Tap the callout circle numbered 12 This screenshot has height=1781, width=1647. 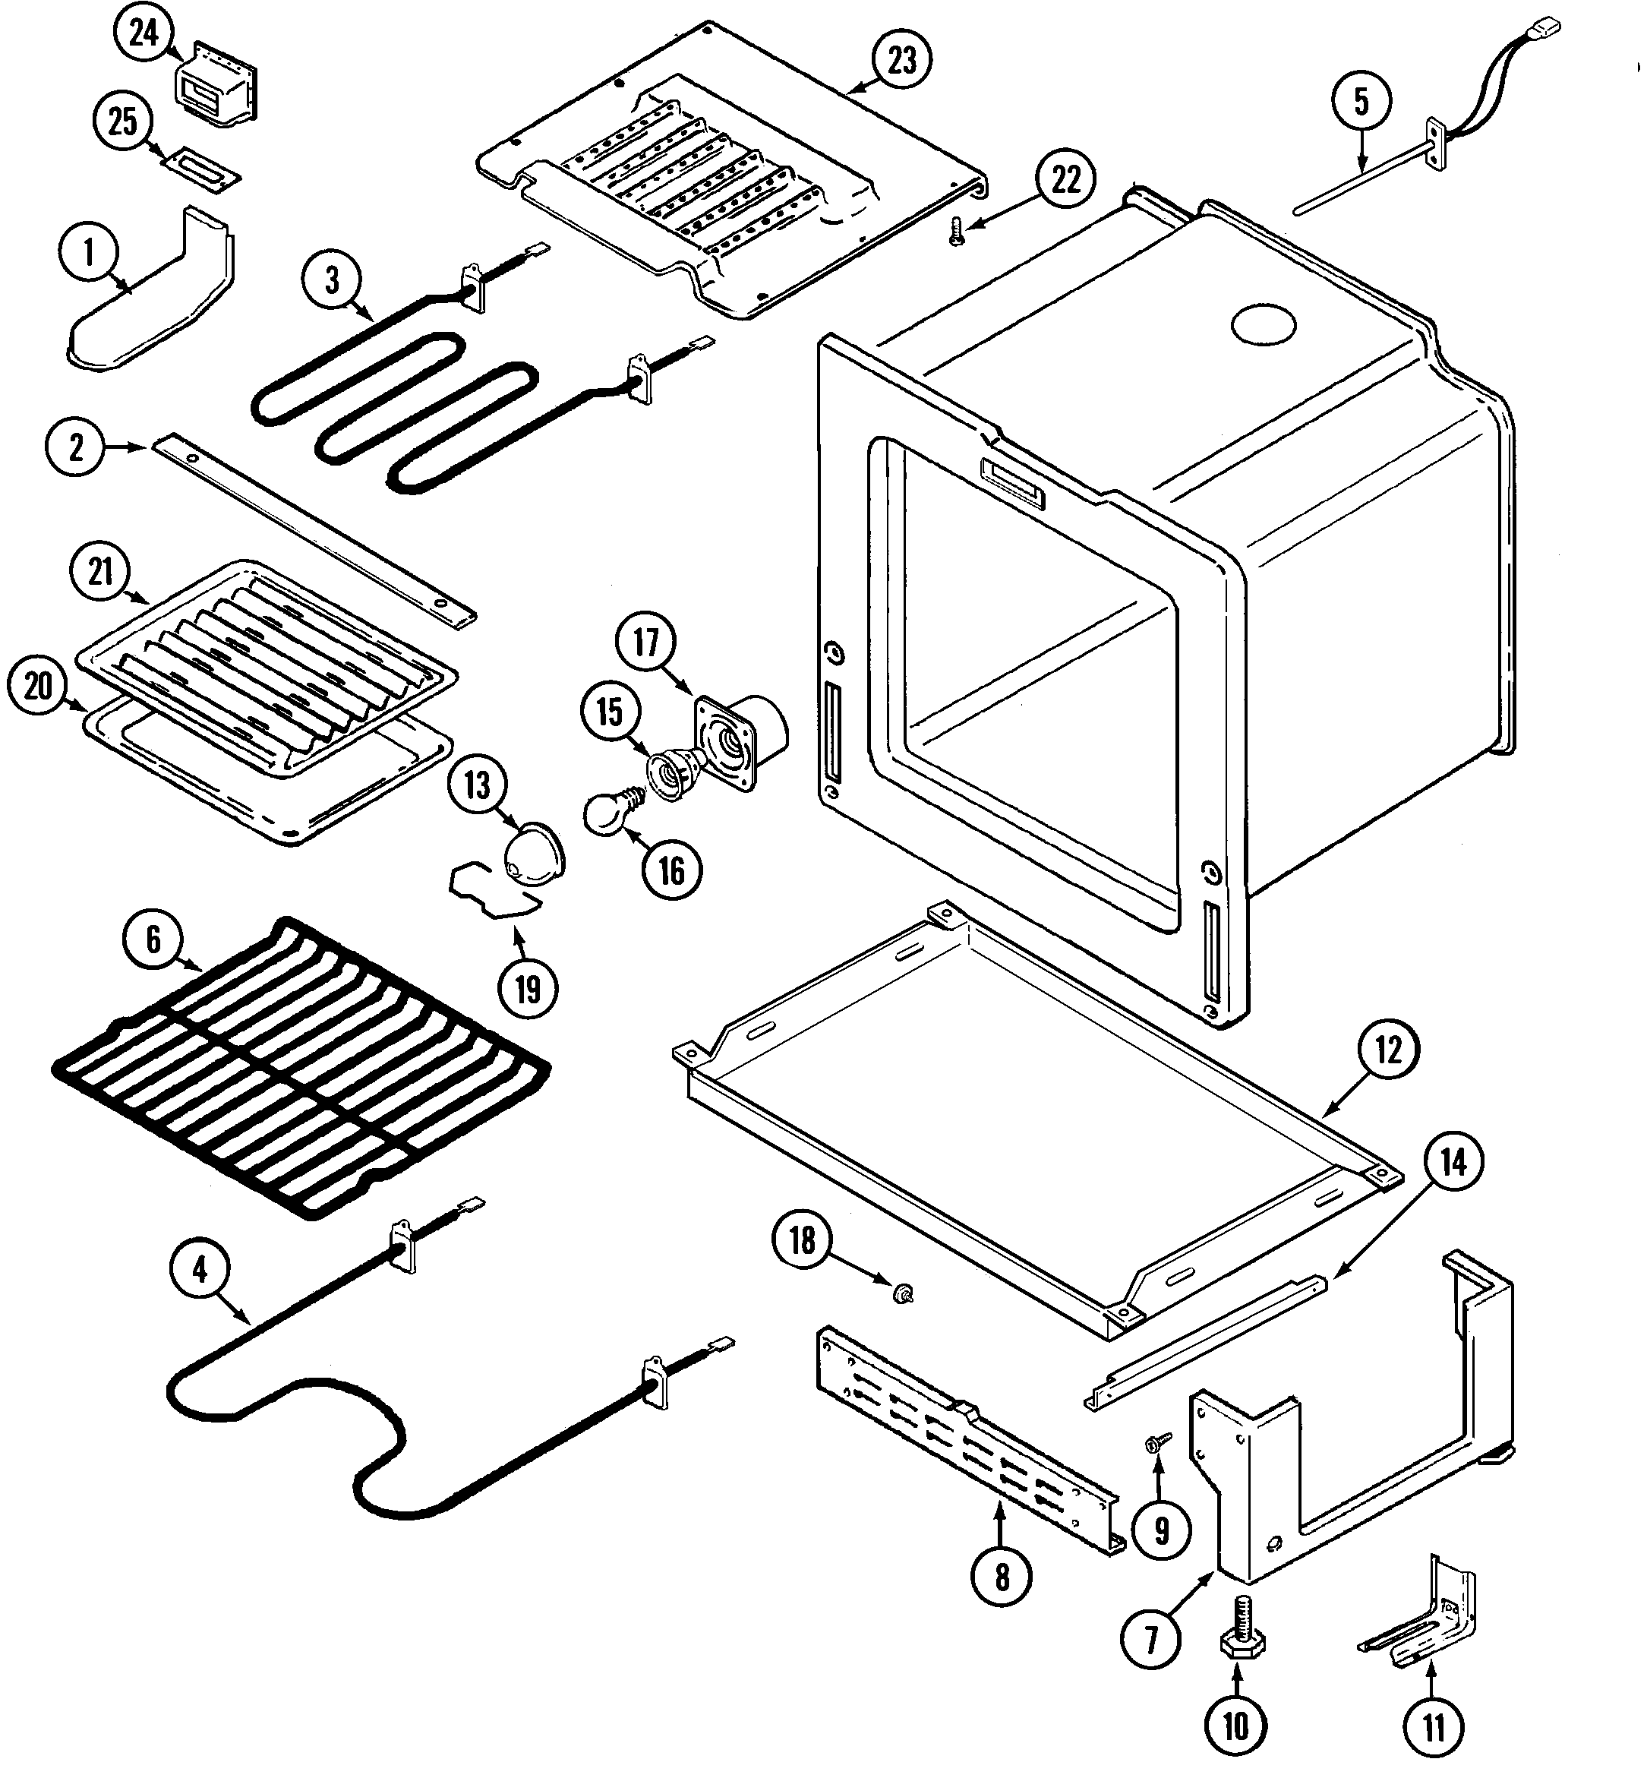[1387, 1052]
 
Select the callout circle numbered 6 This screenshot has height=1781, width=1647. [153, 940]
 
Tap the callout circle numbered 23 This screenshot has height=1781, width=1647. [902, 61]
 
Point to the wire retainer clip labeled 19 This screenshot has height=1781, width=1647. [494, 892]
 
